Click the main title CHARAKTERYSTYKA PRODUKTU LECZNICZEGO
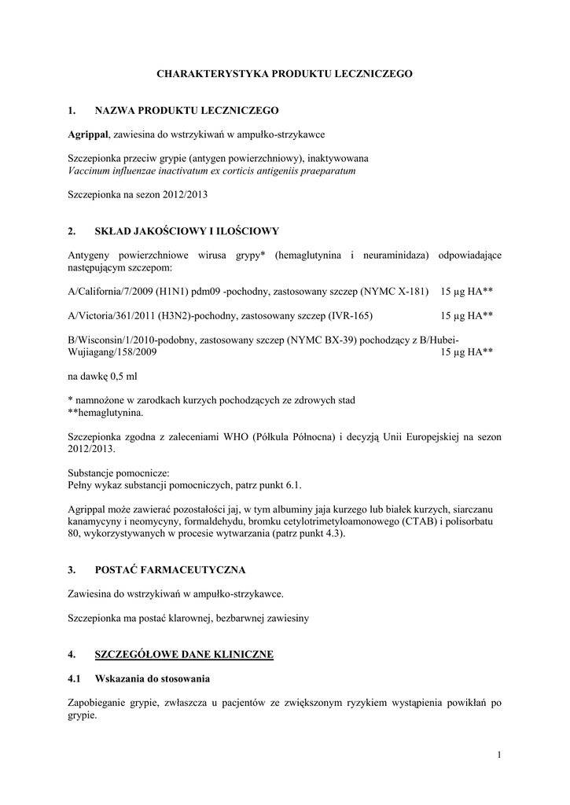[285, 73]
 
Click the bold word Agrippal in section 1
[87, 134]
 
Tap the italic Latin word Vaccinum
[89, 170]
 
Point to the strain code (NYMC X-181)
[394, 291]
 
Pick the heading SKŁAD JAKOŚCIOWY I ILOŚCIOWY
[186, 231]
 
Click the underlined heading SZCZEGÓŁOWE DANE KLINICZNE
[183, 653]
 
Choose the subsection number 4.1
[75, 678]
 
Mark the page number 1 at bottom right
[498, 755]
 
